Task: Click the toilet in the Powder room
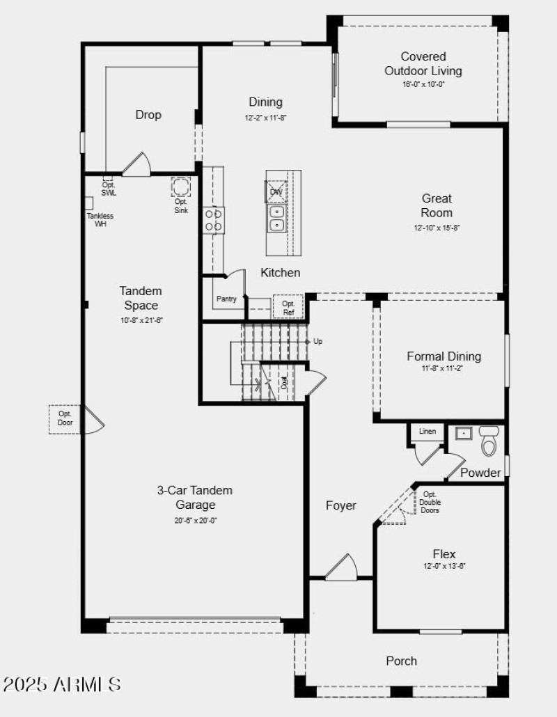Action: pyautogui.click(x=489, y=441)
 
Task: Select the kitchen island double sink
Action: pyautogui.click(x=276, y=217)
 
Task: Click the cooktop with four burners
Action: pyautogui.click(x=214, y=221)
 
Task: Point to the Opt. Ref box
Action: pyautogui.click(x=288, y=307)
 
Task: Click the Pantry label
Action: pyautogui.click(x=226, y=299)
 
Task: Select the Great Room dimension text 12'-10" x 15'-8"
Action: pyautogui.click(x=437, y=228)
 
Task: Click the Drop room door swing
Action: pyautogui.click(x=135, y=164)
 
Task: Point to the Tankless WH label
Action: pyautogui.click(x=100, y=219)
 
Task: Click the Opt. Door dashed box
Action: pyautogui.click(x=65, y=418)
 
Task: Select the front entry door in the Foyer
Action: pyautogui.click(x=341, y=567)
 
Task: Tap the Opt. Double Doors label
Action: pyautogui.click(x=430, y=502)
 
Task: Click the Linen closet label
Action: pyautogui.click(x=427, y=432)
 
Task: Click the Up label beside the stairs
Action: pyautogui.click(x=318, y=342)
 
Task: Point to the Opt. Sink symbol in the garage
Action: pyautogui.click(x=181, y=187)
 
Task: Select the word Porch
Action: pyautogui.click(x=402, y=661)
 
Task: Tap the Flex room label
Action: pyautogui.click(x=444, y=554)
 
